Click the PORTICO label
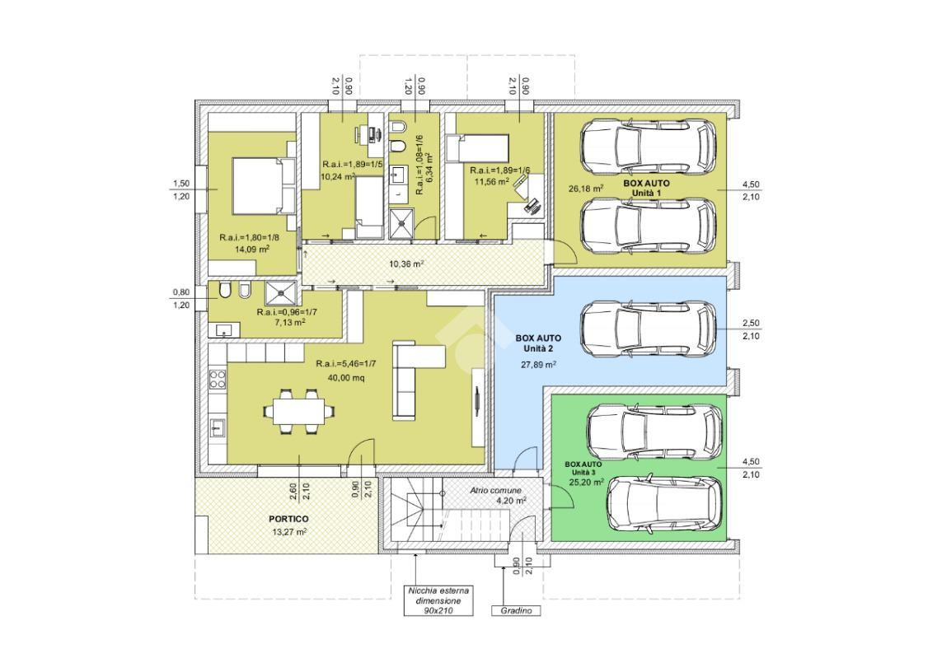coord(288,520)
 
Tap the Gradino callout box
coord(516,611)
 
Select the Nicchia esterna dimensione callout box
coord(438,600)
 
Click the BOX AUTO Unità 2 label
coord(538,343)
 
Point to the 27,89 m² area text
coord(539,365)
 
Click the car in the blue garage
coord(649,329)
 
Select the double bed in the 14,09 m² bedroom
coord(264,186)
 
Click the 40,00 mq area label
coord(346,378)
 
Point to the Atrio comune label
coord(495,490)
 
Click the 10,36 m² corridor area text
coord(406,264)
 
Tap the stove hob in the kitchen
coord(218,380)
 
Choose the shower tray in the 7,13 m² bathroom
coord(281,292)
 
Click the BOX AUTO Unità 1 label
coord(647,188)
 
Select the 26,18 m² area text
coord(586,189)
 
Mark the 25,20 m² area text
coord(587,483)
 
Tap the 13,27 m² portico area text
coord(288,533)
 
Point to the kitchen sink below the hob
coord(218,427)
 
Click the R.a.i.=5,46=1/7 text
coord(346,364)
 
